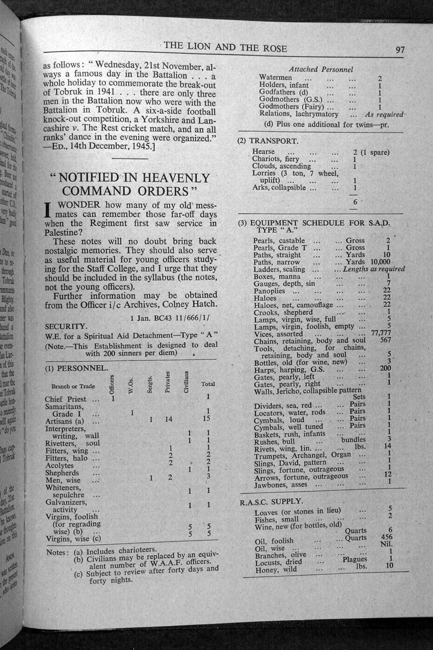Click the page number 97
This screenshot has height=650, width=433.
point(400,49)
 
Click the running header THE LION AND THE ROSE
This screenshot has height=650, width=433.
point(225,47)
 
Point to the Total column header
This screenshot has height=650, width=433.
point(208,384)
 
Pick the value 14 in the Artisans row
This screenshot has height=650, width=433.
point(169,418)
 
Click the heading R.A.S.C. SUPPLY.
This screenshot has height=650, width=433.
point(271,501)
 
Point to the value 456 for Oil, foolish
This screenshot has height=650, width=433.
point(387,537)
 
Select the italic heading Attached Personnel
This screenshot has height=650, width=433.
point(321,69)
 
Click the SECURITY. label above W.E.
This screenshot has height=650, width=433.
point(66,327)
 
